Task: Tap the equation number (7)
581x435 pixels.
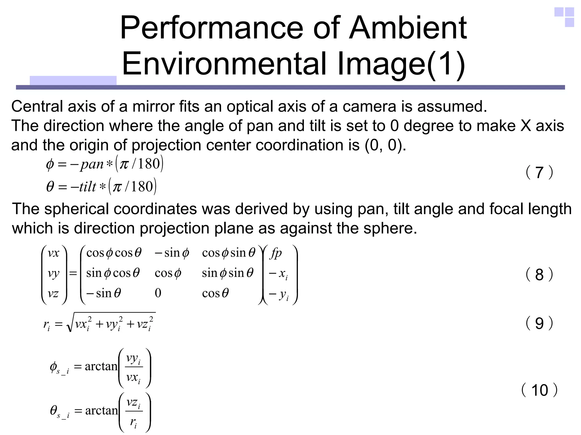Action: (x=539, y=172)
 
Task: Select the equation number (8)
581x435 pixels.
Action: (x=539, y=274)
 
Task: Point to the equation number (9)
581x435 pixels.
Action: (x=539, y=323)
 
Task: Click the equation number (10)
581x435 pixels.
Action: (x=539, y=390)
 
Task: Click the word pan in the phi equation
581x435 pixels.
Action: (x=92, y=164)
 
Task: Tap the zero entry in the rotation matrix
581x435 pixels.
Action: (x=158, y=293)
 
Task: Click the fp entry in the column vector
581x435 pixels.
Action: (x=276, y=252)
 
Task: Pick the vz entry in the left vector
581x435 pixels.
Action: (x=53, y=293)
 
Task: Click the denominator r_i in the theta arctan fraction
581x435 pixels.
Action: (x=133, y=422)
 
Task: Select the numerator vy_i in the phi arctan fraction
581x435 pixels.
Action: (x=133, y=359)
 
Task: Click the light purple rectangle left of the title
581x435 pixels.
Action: (x=73, y=80)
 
